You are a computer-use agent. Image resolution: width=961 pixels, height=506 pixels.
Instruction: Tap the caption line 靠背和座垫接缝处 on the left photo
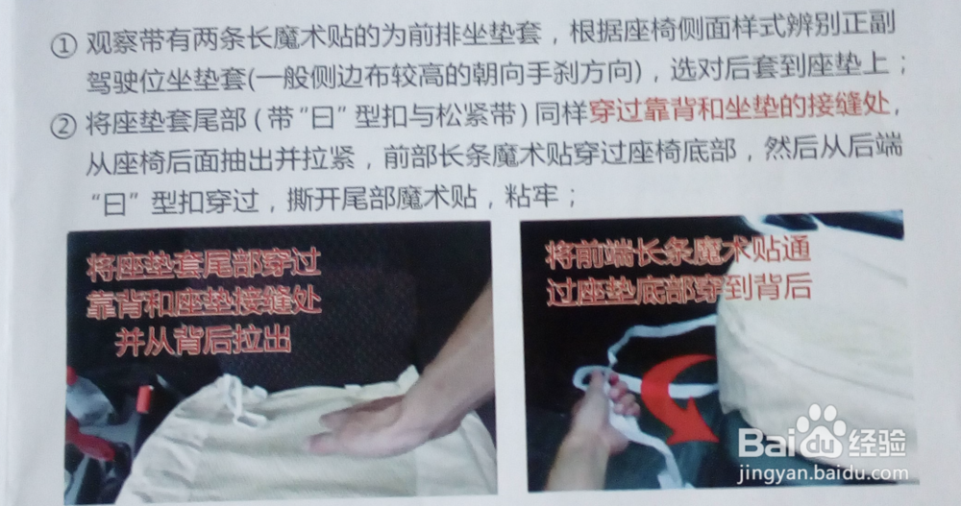[204, 302]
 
